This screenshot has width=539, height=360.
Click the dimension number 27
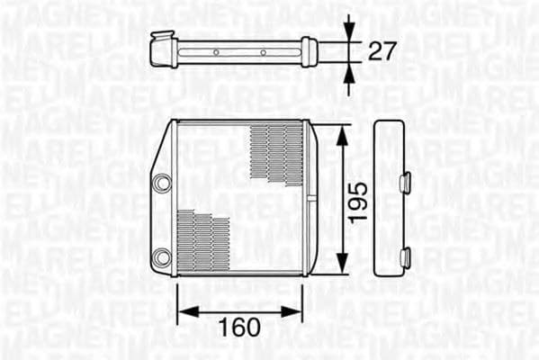(x=382, y=51)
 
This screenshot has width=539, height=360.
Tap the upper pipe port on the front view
(x=162, y=183)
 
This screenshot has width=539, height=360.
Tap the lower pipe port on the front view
(x=162, y=257)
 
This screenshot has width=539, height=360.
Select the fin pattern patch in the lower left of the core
(x=203, y=241)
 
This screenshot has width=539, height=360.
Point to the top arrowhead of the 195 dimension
(x=342, y=133)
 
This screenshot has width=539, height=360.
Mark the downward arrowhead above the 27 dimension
(x=349, y=31)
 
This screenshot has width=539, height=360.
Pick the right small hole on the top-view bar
(x=263, y=52)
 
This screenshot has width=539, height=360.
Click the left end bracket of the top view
(x=163, y=49)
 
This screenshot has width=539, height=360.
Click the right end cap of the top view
(x=310, y=51)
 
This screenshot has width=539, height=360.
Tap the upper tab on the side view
(x=404, y=182)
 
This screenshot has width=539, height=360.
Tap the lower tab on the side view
(x=404, y=258)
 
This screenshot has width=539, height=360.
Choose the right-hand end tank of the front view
(x=307, y=197)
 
